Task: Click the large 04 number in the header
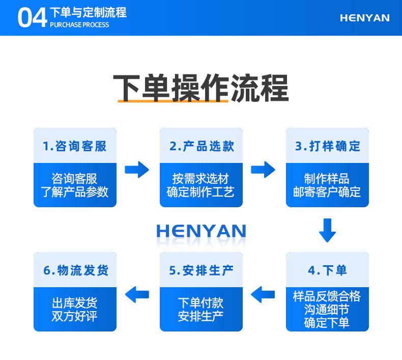pyautogui.click(x=32, y=17)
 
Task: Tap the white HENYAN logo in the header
pyautogui.click(x=364, y=18)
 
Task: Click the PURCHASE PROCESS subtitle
pyautogui.click(x=79, y=24)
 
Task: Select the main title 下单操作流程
pyautogui.click(x=201, y=88)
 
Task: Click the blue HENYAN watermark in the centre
pyautogui.click(x=202, y=231)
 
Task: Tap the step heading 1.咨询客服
pyautogui.click(x=75, y=146)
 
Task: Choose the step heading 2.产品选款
pyautogui.click(x=202, y=146)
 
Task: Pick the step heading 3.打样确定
pyautogui.click(x=328, y=146)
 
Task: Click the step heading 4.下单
pyautogui.click(x=327, y=270)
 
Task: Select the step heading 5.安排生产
pyautogui.click(x=202, y=270)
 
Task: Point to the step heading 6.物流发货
pyautogui.click(x=76, y=270)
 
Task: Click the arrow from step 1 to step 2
pyautogui.click(x=137, y=170)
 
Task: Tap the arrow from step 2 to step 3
pyautogui.click(x=263, y=170)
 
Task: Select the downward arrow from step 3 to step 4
pyautogui.click(x=327, y=231)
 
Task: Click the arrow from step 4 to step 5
pyautogui.click(x=263, y=294)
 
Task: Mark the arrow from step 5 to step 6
pyautogui.click(x=137, y=294)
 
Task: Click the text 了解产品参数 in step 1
pyautogui.click(x=75, y=191)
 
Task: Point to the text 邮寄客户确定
pyautogui.click(x=327, y=191)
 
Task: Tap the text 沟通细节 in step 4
pyautogui.click(x=327, y=310)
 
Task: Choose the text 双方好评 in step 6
pyautogui.click(x=75, y=316)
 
